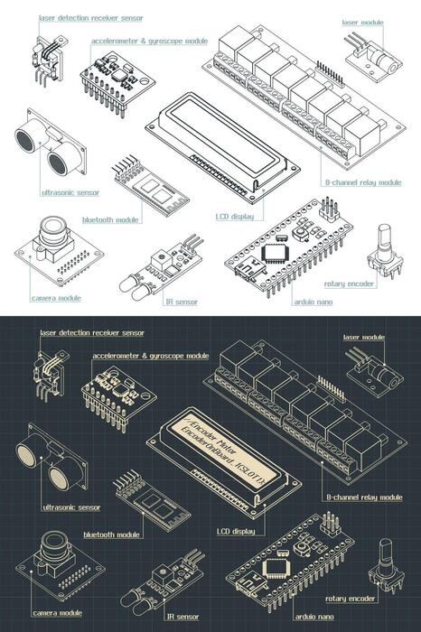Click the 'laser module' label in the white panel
click(x=362, y=21)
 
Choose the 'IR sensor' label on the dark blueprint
click(x=181, y=617)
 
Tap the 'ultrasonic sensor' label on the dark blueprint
click(x=71, y=507)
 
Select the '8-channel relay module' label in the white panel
click(x=362, y=182)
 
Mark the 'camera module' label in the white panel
click(x=56, y=298)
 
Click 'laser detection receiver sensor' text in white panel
click(x=91, y=17)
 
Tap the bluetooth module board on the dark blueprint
click(x=152, y=506)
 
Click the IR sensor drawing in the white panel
click(x=166, y=267)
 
